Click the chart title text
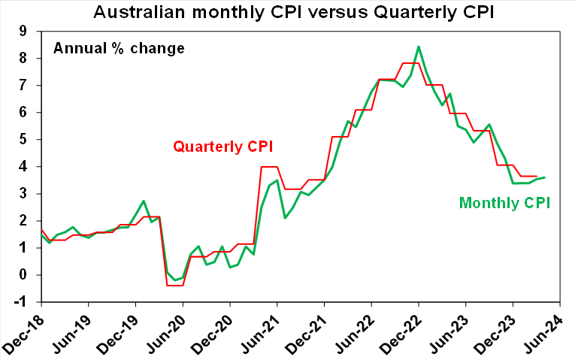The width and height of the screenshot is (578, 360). [x=288, y=12]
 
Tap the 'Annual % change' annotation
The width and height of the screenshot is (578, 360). [x=119, y=50]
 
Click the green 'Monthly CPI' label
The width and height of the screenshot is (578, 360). [x=505, y=202]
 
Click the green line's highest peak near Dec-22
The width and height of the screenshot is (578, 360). [x=419, y=47]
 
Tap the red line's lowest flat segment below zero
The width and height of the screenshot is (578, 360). [x=175, y=286]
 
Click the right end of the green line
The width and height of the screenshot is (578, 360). [x=544, y=177]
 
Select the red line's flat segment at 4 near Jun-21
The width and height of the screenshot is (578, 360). [x=269, y=167]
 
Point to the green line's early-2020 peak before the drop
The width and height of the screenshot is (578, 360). [x=144, y=201]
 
